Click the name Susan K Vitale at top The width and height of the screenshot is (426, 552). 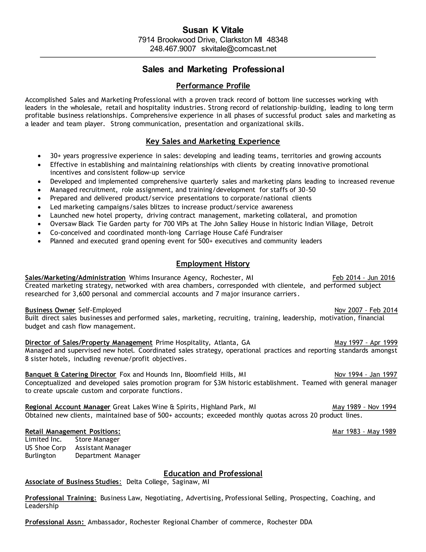[x=213, y=30]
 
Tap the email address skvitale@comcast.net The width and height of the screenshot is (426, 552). [x=239, y=49]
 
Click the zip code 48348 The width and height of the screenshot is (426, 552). [x=277, y=40]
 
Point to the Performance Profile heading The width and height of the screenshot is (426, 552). [x=213, y=86]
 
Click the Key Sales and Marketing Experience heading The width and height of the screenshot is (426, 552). [x=213, y=141]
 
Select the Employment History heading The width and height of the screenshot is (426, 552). [x=213, y=264]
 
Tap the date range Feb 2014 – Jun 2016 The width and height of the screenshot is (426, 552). [x=363, y=278]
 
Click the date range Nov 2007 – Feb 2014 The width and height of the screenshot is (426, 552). [x=366, y=310]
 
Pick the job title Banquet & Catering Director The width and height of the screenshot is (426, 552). [x=71, y=374]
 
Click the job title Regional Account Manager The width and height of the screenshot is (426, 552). [x=68, y=407]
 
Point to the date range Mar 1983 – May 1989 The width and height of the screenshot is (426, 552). [x=364, y=431]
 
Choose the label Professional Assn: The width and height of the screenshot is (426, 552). [x=55, y=522]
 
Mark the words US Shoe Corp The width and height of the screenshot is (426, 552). [x=45, y=448]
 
